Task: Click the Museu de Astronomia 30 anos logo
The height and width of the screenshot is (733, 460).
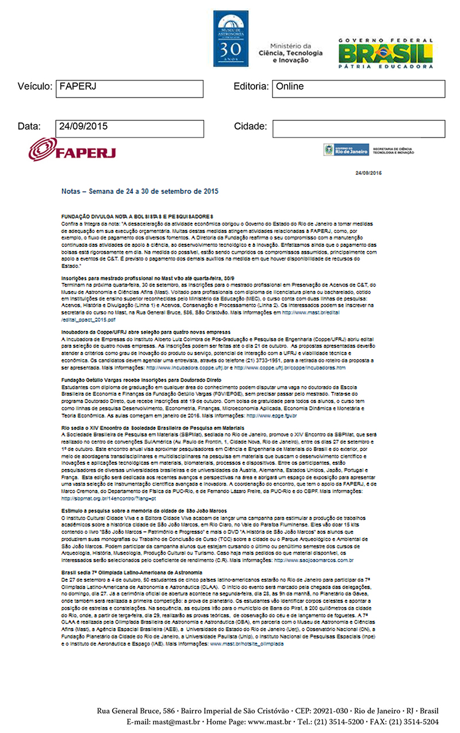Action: click(x=231, y=36)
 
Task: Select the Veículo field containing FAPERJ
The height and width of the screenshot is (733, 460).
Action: click(x=129, y=89)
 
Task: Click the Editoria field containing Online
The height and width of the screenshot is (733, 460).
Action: click(x=359, y=89)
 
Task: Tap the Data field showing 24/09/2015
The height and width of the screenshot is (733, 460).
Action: click(x=129, y=128)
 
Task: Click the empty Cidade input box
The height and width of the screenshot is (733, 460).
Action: click(x=359, y=128)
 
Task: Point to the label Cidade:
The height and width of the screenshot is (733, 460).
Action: click(x=250, y=127)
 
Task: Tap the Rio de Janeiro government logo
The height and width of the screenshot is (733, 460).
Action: click(x=344, y=150)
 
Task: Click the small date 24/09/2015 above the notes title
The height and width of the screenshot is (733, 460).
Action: click(x=369, y=172)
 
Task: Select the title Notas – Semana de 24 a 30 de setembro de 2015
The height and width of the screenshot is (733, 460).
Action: click(x=140, y=190)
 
